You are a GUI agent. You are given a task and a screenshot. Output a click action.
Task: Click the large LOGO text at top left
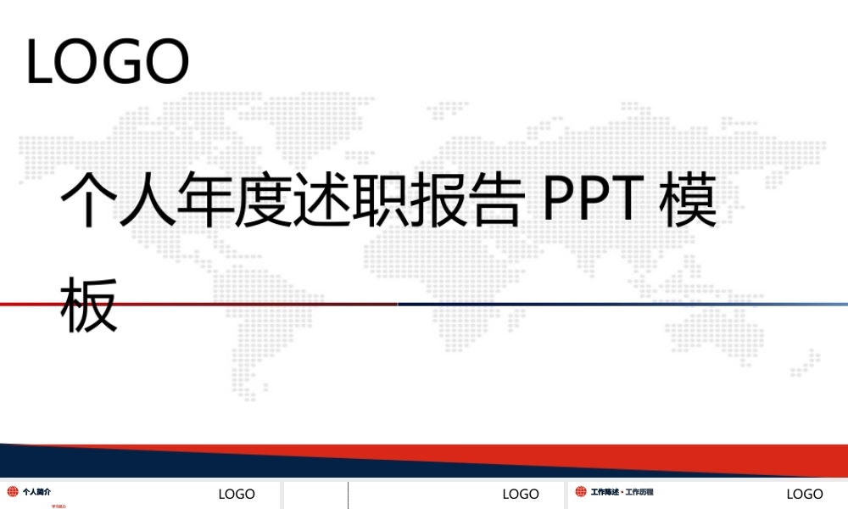pyautogui.click(x=107, y=61)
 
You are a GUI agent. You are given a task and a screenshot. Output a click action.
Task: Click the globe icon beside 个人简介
pyautogui.click(x=13, y=491)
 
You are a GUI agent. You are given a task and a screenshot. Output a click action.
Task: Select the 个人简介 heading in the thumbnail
pyautogui.click(x=36, y=491)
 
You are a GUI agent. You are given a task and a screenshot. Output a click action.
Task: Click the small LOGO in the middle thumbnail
pyautogui.click(x=521, y=494)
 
